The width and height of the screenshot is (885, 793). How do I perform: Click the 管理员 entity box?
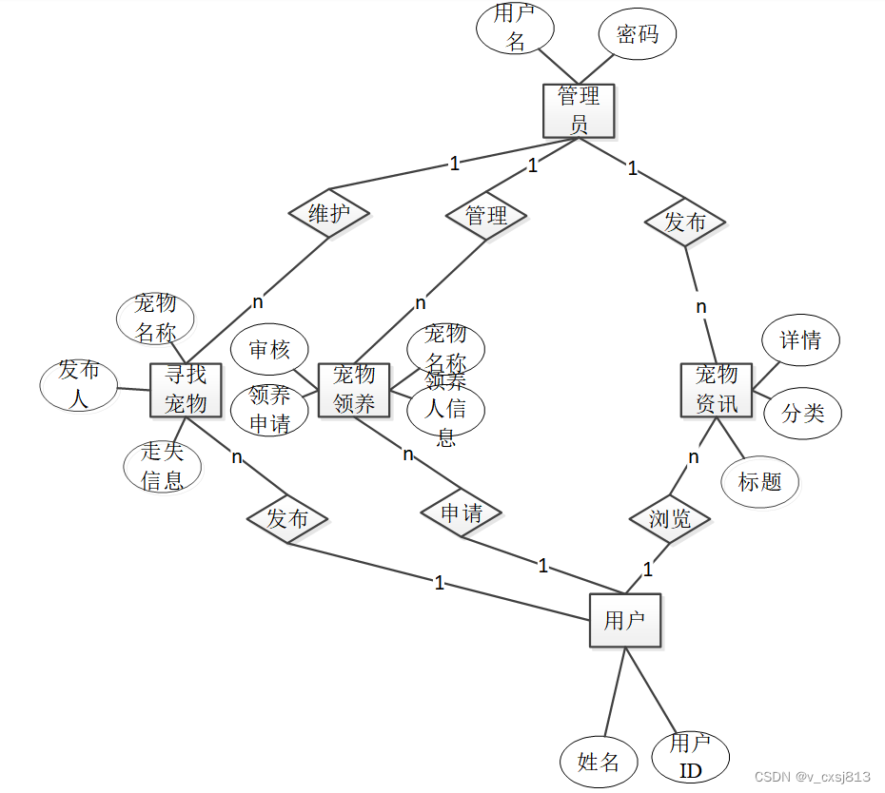click(579, 109)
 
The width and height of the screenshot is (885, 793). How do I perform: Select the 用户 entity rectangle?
click(624, 621)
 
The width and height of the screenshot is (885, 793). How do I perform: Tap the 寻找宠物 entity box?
click(186, 390)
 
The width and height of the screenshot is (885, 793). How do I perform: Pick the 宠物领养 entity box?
click(354, 390)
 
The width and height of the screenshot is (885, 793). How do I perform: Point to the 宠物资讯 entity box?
click(717, 390)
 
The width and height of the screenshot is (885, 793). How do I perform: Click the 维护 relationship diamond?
click(328, 214)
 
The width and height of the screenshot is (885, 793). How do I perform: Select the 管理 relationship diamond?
click(486, 215)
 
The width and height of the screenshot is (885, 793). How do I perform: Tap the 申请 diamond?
click(462, 513)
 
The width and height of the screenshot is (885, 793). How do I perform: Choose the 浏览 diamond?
click(670, 519)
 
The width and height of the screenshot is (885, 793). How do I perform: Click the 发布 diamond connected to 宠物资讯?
click(685, 222)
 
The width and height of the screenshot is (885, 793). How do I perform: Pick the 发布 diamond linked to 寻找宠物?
click(287, 519)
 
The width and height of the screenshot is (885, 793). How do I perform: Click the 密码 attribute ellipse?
click(638, 35)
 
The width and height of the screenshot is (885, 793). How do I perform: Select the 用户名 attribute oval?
click(515, 28)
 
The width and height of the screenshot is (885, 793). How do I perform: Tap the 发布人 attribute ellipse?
click(78, 384)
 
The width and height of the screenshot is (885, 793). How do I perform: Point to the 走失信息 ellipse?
click(163, 466)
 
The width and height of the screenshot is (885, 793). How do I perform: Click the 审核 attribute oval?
click(270, 350)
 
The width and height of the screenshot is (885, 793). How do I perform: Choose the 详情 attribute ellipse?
click(801, 339)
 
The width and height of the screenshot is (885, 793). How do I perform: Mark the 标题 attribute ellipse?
click(759, 482)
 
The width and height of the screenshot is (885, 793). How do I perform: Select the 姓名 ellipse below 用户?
click(599, 762)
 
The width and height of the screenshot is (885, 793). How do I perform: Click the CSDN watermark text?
click(812, 777)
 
